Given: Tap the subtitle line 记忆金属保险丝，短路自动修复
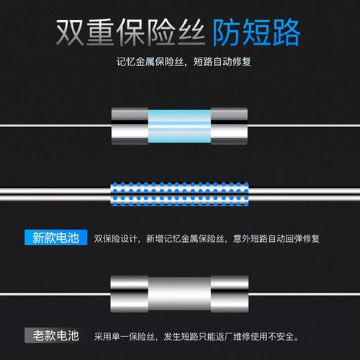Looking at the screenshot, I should pyautogui.click(x=179, y=60).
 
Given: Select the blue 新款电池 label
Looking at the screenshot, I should pyautogui.click(x=55, y=237).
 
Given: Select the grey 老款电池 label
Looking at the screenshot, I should pyautogui.click(x=55, y=335).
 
